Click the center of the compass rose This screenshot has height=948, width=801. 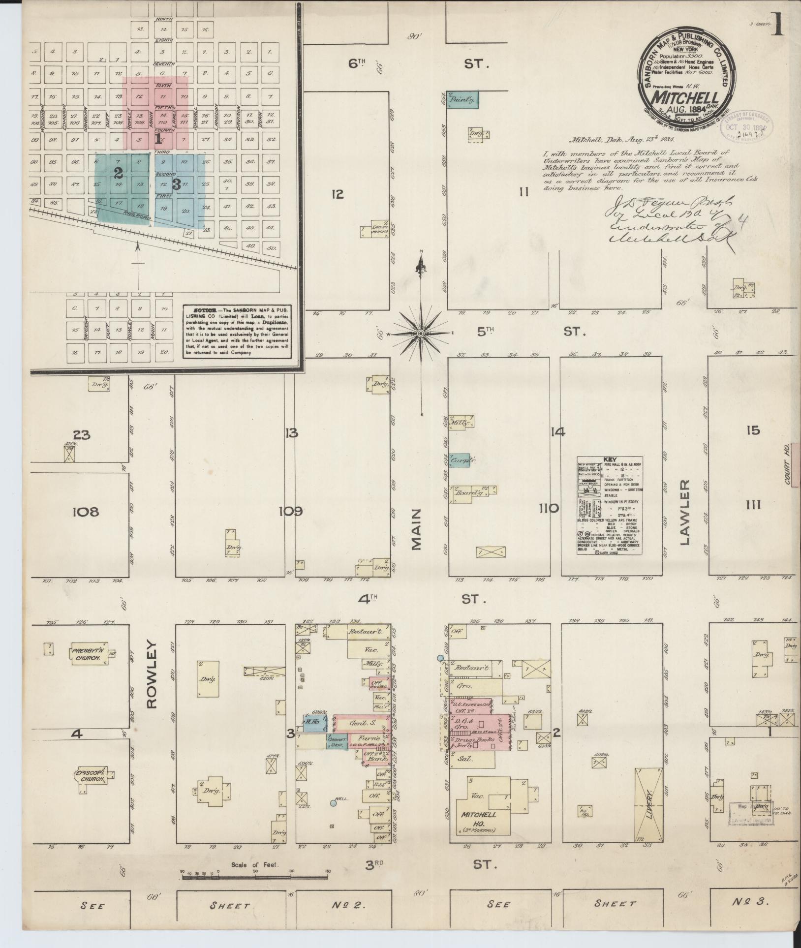(421, 334)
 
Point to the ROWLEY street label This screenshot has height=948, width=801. (152, 674)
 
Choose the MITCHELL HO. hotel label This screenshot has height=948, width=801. (478, 815)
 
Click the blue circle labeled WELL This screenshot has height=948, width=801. (333, 803)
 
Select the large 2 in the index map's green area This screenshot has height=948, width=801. (118, 173)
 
